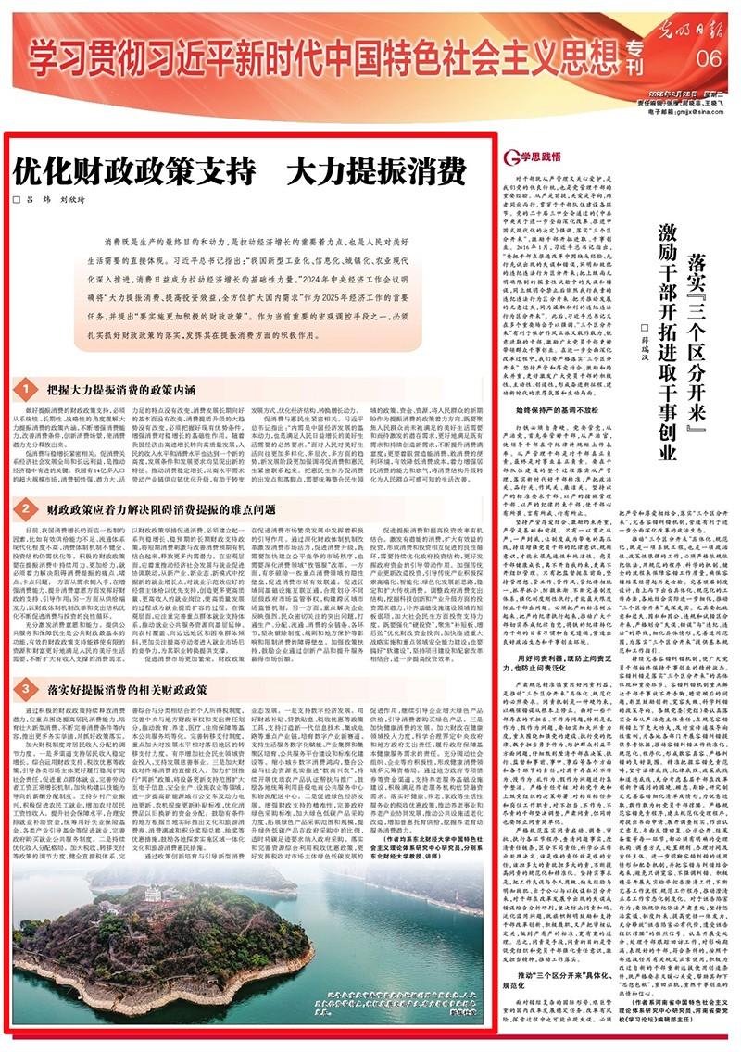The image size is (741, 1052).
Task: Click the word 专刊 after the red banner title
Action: coord(632,58)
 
